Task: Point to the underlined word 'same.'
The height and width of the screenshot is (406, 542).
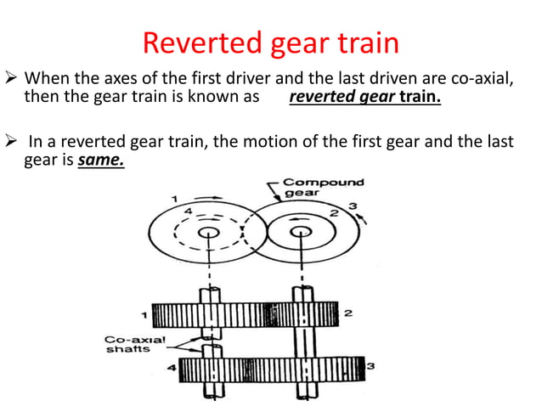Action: [x=100, y=158]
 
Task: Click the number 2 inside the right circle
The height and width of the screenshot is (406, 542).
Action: [x=335, y=212]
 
